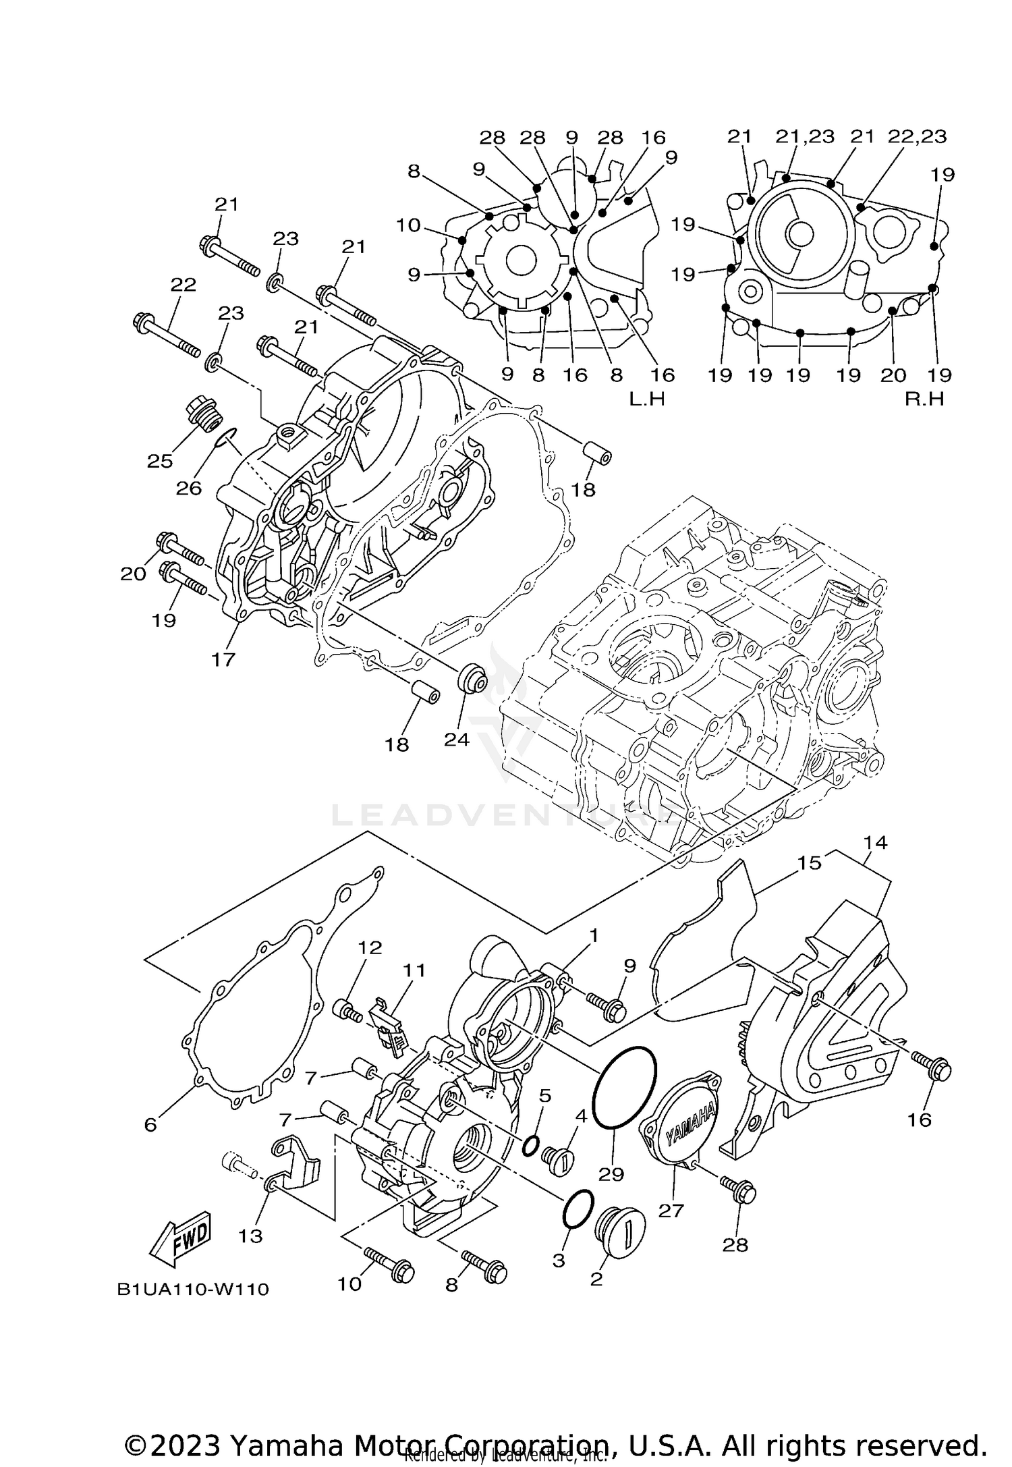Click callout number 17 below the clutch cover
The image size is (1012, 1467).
click(223, 659)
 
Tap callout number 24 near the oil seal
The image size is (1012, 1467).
click(457, 739)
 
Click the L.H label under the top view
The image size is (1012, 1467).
click(647, 399)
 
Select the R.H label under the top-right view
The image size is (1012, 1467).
click(924, 399)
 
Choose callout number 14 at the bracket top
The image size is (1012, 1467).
click(875, 842)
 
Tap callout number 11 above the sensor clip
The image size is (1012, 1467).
click(414, 970)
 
